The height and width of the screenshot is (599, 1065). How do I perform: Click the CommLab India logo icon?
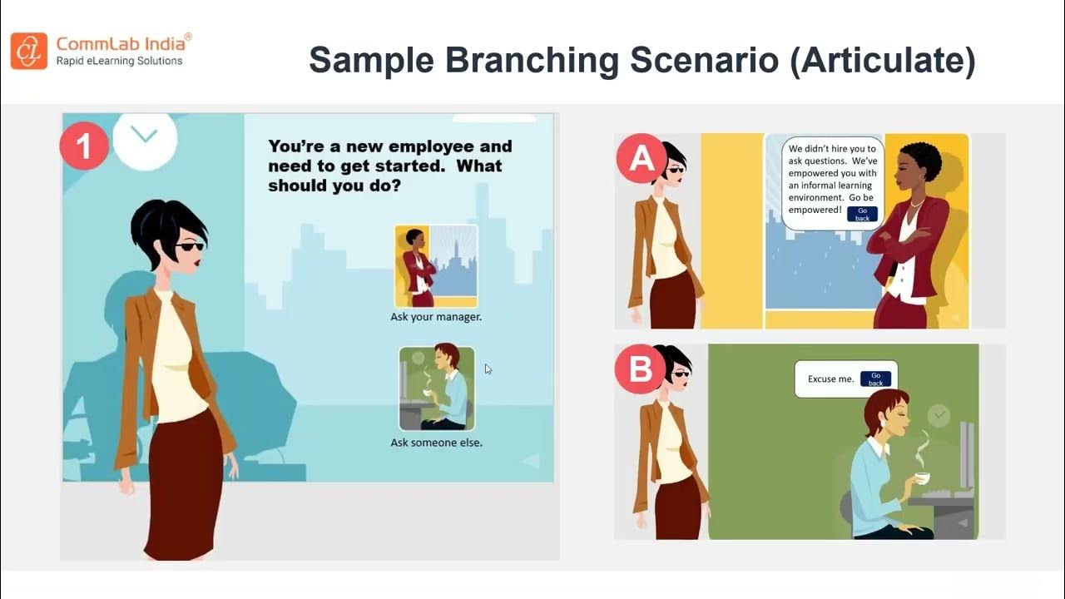(x=28, y=50)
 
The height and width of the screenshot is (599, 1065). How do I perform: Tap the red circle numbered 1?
(x=84, y=147)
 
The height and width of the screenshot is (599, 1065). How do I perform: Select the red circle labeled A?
(x=641, y=158)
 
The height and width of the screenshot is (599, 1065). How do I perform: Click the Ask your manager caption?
(x=436, y=317)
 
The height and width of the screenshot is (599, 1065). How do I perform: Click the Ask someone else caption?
(x=436, y=443)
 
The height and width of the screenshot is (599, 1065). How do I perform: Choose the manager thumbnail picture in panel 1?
(x=436, y=265)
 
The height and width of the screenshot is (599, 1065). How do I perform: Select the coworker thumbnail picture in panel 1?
(x=437, y=389)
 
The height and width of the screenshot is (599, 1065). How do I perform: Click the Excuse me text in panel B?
(x=830, y=379)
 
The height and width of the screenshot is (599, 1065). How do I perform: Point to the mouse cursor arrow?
(x=488, y=369)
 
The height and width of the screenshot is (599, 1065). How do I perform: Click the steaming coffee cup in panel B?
(x=922, y=477)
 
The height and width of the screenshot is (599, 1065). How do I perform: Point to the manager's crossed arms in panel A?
(x=899, y=242)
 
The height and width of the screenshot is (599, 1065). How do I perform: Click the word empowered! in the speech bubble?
(x=815, y=210)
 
